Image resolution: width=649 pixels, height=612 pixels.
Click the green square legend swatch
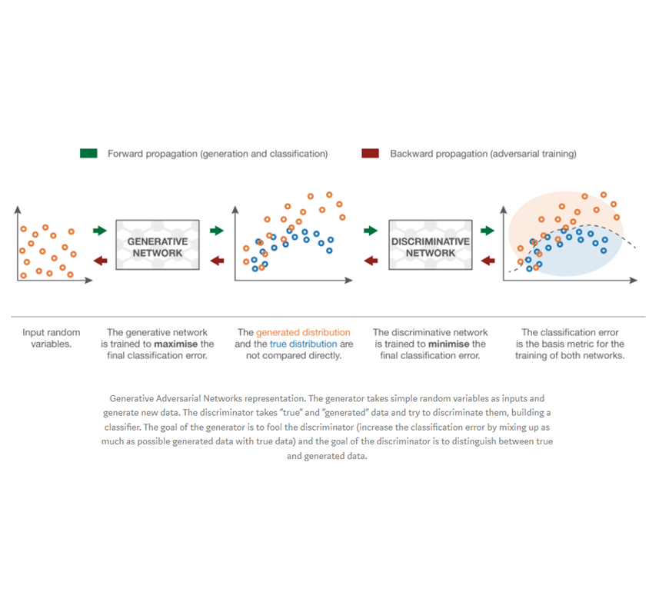tap(88, 153)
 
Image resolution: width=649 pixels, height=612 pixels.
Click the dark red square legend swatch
tap(370, 153)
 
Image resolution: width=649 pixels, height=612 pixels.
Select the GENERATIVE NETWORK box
tap(158, 244)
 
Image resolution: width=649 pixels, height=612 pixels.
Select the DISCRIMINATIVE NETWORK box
tap(431, 244)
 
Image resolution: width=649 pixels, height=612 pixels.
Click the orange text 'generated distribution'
tap(303, 333)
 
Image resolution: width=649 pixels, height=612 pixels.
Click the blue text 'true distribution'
tap(303, 344)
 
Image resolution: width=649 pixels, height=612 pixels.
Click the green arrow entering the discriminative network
tap(371, 230)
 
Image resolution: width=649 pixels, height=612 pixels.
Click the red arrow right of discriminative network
tap(488, 261)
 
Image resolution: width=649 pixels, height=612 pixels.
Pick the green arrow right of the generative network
tap(216, 230)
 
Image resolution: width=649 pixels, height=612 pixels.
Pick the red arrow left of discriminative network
tap(371, 261)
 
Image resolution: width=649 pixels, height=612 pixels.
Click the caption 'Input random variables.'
tap(50, 338)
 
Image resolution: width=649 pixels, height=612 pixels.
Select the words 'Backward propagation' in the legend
tap(436, 154)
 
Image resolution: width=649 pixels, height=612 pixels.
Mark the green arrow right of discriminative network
tap(488, 230)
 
